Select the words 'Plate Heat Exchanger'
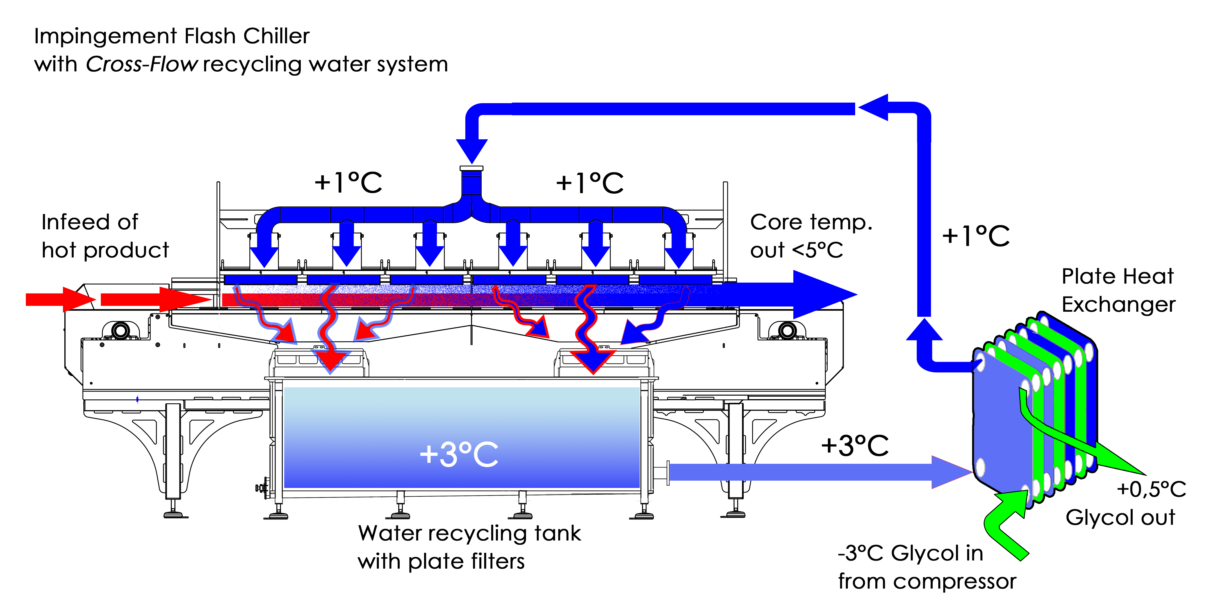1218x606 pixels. tap(1118, 290)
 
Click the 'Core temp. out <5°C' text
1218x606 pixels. tap(811, 236)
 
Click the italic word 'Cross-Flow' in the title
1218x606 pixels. tap(141, 64)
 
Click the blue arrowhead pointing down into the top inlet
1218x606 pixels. tap(472, 150)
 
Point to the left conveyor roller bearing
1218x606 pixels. tap(120, 330)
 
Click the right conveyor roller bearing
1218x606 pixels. tap(787, 330)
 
